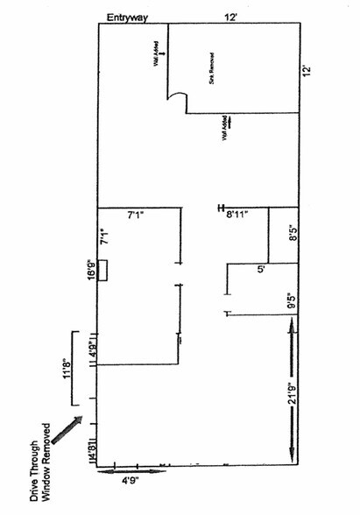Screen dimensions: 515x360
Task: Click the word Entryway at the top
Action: click(128, 18)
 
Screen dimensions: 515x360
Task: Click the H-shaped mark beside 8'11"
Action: click(222, 208)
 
